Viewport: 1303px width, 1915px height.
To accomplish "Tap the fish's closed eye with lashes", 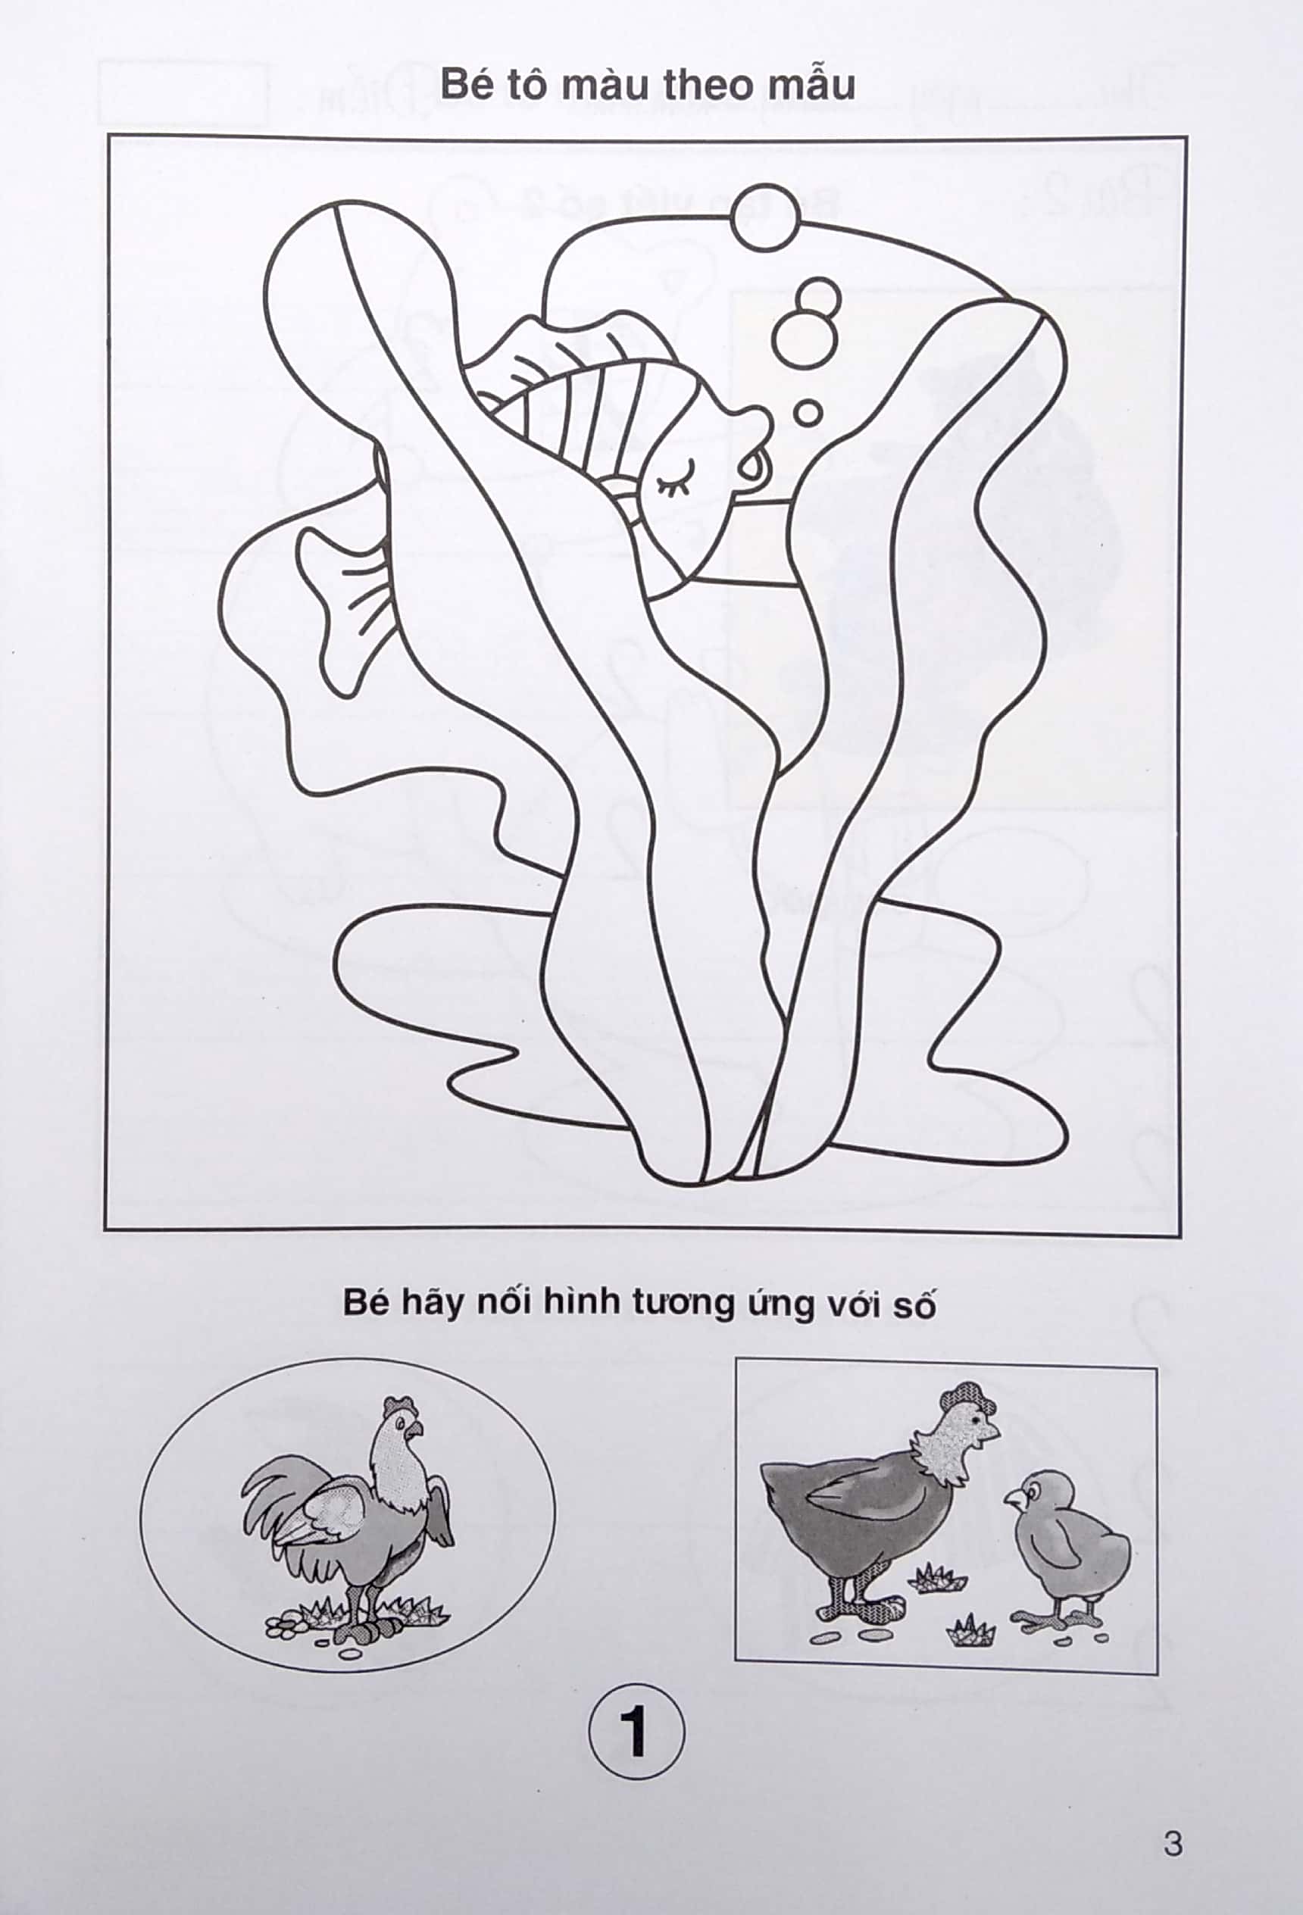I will pyautogui.click(x=676, y=476).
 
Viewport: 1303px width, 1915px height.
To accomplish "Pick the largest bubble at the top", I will pyautogui.click(x=766, y=217).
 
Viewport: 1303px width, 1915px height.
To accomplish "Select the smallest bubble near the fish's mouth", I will pyautogui.click(x=808, y=412).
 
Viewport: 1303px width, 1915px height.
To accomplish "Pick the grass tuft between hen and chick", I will pyautogui.click(x=938, y=1576).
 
